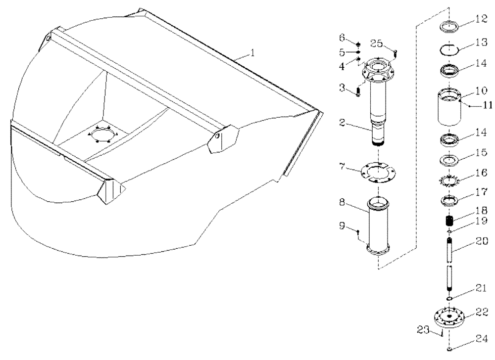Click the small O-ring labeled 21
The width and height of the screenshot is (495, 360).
(449, 299)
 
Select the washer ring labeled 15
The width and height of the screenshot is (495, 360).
(449, 161)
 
